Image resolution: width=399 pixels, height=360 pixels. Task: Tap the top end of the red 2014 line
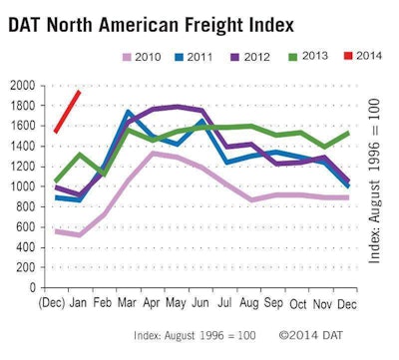click(80, 92)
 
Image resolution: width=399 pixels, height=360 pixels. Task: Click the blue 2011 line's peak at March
click(129, 113)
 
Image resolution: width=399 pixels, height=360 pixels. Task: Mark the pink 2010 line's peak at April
click(154, 153)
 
